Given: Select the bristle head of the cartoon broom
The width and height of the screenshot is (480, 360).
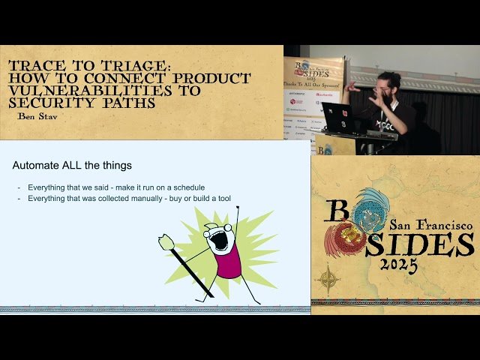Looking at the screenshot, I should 166,242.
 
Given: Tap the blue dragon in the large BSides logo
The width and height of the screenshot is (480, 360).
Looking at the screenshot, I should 371,209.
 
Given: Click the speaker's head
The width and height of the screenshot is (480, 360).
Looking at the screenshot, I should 389,84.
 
